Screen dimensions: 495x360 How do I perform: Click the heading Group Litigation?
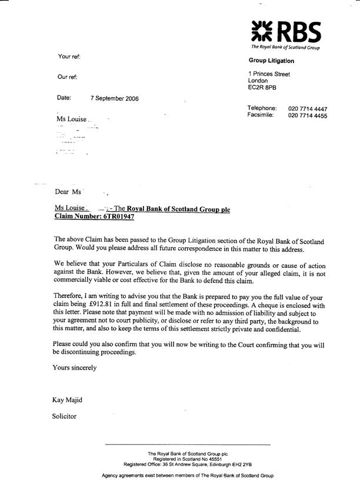click(x=271, y=61)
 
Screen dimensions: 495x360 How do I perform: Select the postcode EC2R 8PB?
click(x=262, y=88)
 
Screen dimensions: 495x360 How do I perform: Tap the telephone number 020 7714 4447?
click(x=308, y=109)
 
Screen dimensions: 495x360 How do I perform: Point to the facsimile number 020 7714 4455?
click(x=308, y=116)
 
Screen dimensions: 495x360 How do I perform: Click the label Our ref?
click(x=68, y=77)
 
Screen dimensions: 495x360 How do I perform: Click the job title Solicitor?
click(x=65, y=417)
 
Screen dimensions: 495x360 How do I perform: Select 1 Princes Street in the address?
click(x=269, y=74)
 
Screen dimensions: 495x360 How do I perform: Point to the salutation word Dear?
click(x=62, y=192)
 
